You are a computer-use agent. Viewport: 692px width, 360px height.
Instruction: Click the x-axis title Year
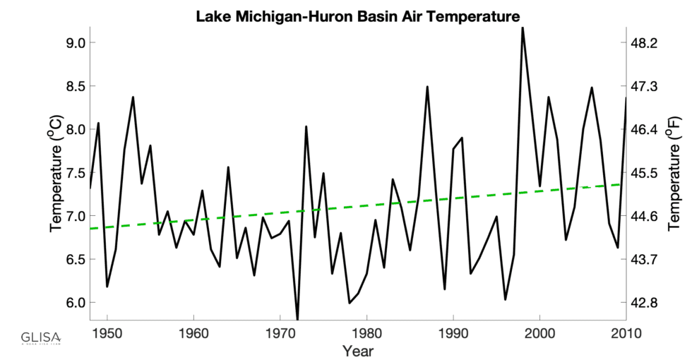tap(358, 350)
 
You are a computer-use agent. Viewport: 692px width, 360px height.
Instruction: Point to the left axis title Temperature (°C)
tap(56, 173)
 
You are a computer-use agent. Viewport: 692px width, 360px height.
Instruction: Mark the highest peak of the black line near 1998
tap(523, 28)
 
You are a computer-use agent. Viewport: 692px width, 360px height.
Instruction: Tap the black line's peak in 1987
tap(427, 87)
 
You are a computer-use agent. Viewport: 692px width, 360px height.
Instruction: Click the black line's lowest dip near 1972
tap(297, 318)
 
